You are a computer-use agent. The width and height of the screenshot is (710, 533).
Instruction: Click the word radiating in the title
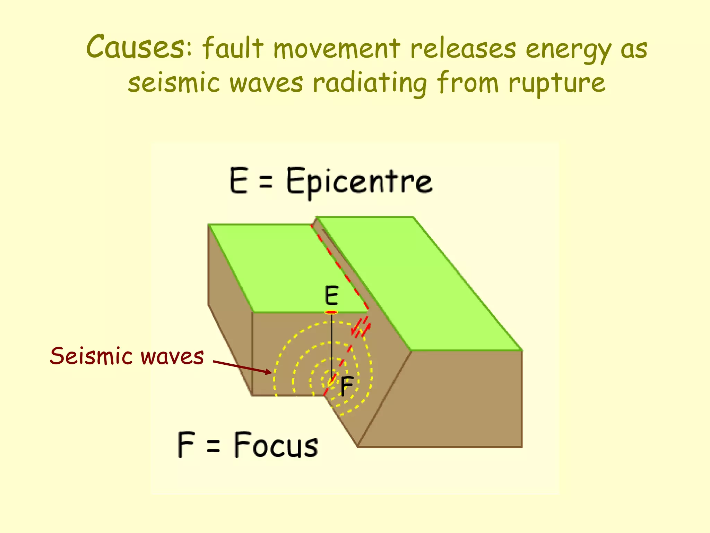[x=370, y=83]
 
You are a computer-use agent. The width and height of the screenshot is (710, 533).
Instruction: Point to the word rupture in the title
[x=557, y=83]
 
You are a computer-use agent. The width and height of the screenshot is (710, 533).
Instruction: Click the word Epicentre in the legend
[x=359, y=181]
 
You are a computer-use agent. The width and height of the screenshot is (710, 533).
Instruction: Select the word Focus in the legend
[x=276, y=445]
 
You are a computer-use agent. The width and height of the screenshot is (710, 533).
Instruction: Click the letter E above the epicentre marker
[x=331, y=296]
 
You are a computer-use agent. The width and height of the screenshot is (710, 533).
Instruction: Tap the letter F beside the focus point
[x=346, y=386]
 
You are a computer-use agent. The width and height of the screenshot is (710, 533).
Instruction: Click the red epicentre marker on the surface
[x=331, y=312]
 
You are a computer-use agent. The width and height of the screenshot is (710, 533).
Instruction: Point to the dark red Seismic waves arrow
[x=243, y=367]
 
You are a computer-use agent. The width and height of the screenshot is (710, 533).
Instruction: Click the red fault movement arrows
[x=361, y=328]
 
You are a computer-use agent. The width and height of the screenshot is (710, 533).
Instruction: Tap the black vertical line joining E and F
[x=332, y=344]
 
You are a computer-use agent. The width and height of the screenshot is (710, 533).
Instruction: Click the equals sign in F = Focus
[x=213, y=446]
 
